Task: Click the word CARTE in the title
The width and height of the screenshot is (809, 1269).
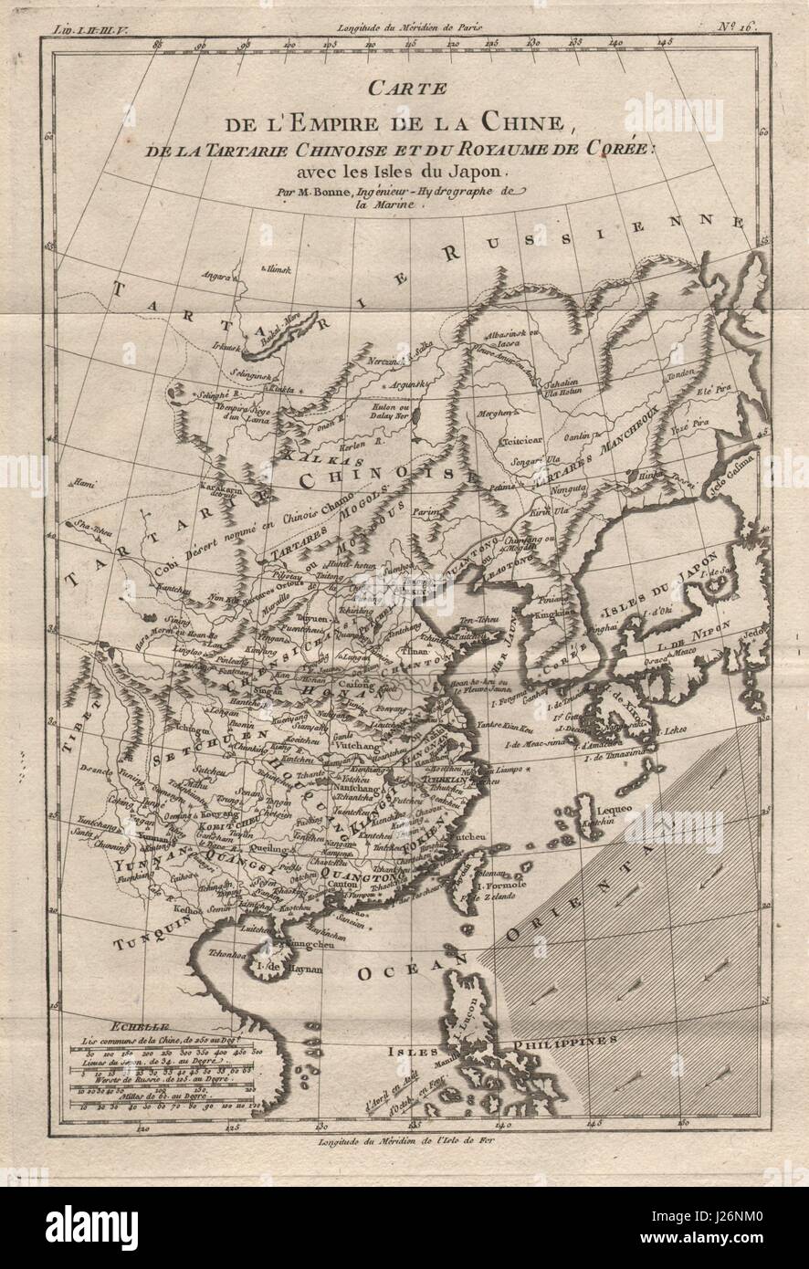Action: coord(404,89)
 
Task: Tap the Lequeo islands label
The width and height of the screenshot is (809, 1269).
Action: coord(610,809)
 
